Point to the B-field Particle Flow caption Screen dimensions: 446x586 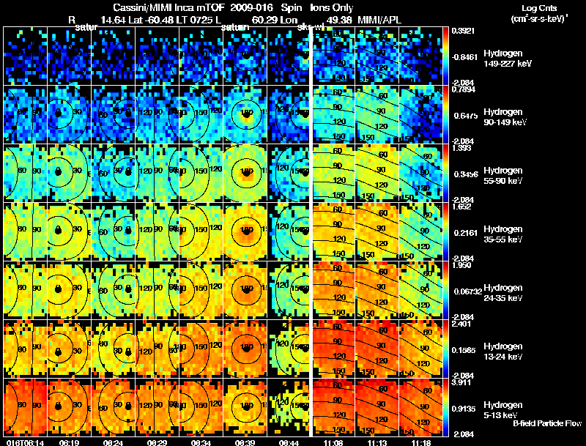click(x=546, y=423)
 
